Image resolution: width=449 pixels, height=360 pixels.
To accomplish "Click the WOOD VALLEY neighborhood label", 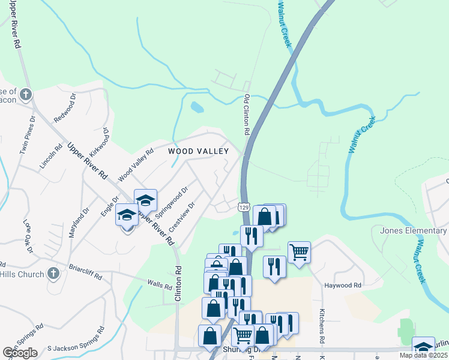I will tap(198, 151).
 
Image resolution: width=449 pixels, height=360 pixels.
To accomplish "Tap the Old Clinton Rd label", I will tap(247, 113).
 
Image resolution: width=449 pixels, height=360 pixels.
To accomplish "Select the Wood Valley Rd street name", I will tap(136, 164).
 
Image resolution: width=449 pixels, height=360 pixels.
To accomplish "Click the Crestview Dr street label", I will tap(182, 217).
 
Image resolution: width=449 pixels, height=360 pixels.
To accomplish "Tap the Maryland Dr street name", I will tap(79, 223).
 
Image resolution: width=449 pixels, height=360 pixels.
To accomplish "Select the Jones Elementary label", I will tap(414, 231).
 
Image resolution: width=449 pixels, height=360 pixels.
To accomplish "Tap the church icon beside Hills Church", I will tap(53, 274).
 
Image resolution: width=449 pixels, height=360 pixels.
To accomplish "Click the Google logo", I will tap(20, 353).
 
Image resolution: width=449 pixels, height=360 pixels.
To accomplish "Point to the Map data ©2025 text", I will tap(423, 355).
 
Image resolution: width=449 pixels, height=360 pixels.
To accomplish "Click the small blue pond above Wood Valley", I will tap(196, 107).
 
